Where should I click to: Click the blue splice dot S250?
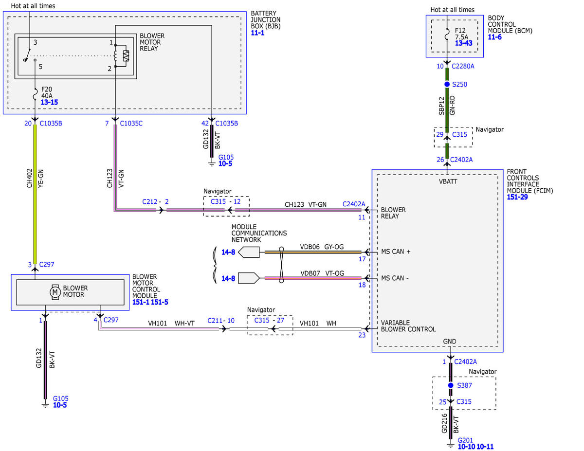(447, 84)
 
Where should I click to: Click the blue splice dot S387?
(451, 385)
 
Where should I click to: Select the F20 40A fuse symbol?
(35, 94)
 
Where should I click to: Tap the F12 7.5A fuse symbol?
(447, 34)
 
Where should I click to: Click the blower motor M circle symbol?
(55, 292)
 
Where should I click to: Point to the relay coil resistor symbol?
(126, 56)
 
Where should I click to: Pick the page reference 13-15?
(49, 102)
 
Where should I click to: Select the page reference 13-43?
(464, 43)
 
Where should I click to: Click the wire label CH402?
(29, 178)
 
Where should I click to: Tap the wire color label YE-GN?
(40, 179)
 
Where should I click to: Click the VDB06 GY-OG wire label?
(322, 247)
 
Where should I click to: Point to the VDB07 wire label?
(310, 273)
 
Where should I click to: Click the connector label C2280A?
(463, 66)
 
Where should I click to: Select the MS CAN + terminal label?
(396, 252)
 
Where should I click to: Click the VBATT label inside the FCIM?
(448, 181)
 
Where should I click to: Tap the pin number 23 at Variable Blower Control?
(362, 335)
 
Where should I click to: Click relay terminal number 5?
(40, 67)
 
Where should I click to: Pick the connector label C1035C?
(131, 123)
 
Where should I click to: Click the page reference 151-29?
(517, 197)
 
